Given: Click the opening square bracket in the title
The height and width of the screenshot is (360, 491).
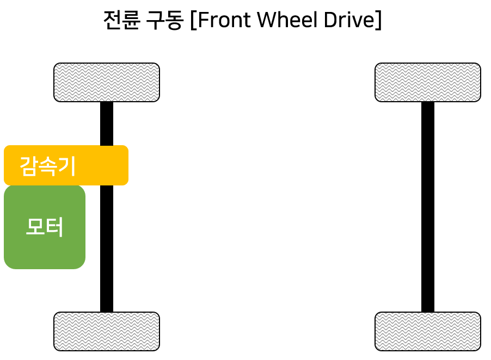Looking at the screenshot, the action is (x=194, y=20).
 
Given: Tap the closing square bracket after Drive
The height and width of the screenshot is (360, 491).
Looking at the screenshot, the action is (x=377, y=20).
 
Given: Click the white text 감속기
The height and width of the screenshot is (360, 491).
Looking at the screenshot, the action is (x=47, y=166).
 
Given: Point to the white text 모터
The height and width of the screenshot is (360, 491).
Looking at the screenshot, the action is (x=45, y=227).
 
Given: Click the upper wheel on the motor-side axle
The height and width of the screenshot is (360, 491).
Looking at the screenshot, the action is (x=107, y=82).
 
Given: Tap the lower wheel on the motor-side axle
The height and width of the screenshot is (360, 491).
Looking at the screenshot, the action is (x=107, y=331).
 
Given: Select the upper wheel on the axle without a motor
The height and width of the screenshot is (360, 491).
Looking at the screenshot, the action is (x=428, y=82).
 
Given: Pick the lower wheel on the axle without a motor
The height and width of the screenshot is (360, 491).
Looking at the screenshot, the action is (x=428, y=331).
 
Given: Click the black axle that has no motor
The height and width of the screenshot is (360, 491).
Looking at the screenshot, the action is (x=428, y=207).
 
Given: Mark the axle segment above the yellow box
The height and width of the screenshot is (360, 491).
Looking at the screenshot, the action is (x=107, y=123).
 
